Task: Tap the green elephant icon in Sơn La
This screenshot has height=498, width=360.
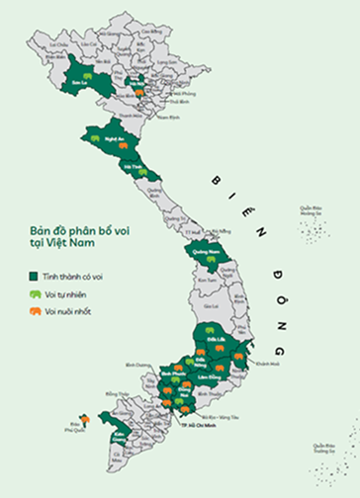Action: [87, 75]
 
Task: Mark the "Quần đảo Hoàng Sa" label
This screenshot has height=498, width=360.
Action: [312, 210]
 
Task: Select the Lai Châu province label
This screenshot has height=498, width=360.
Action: [60, 43]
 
